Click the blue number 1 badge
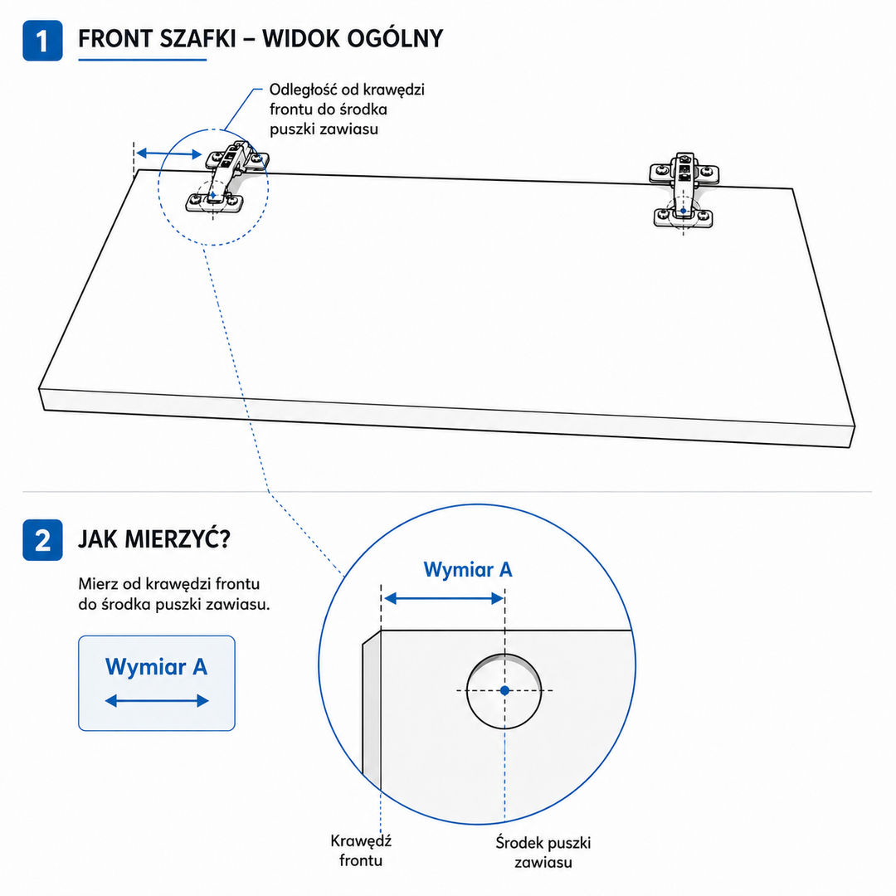coord(42,41)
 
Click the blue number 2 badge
coord(42,540)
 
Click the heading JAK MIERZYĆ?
coord(153,539)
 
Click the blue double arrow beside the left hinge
coord(169,153)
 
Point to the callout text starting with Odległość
coord(347,110)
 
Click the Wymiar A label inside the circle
coord(468,570)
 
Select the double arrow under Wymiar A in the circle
coord(444,599)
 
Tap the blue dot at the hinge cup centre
coord(504,691)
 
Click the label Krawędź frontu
coord(361,851)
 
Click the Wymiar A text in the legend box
coord(156,667)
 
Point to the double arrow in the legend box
coord(157,701)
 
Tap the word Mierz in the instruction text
coord(98,584)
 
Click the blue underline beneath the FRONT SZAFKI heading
coord(143,60)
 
